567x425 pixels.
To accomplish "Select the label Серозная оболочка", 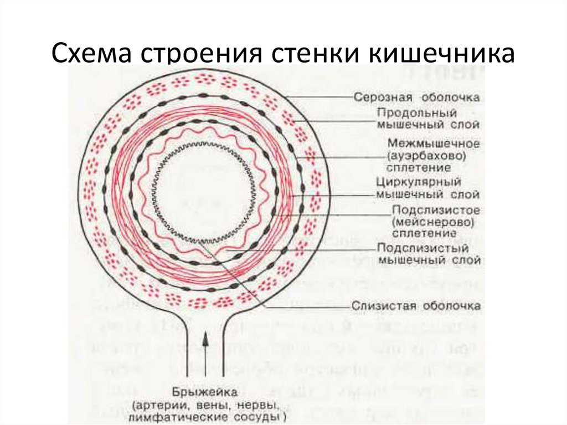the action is pyautogui.click(x=416, y=97).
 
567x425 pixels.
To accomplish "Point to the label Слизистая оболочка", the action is pyautogui.click(x=416, y=305).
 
